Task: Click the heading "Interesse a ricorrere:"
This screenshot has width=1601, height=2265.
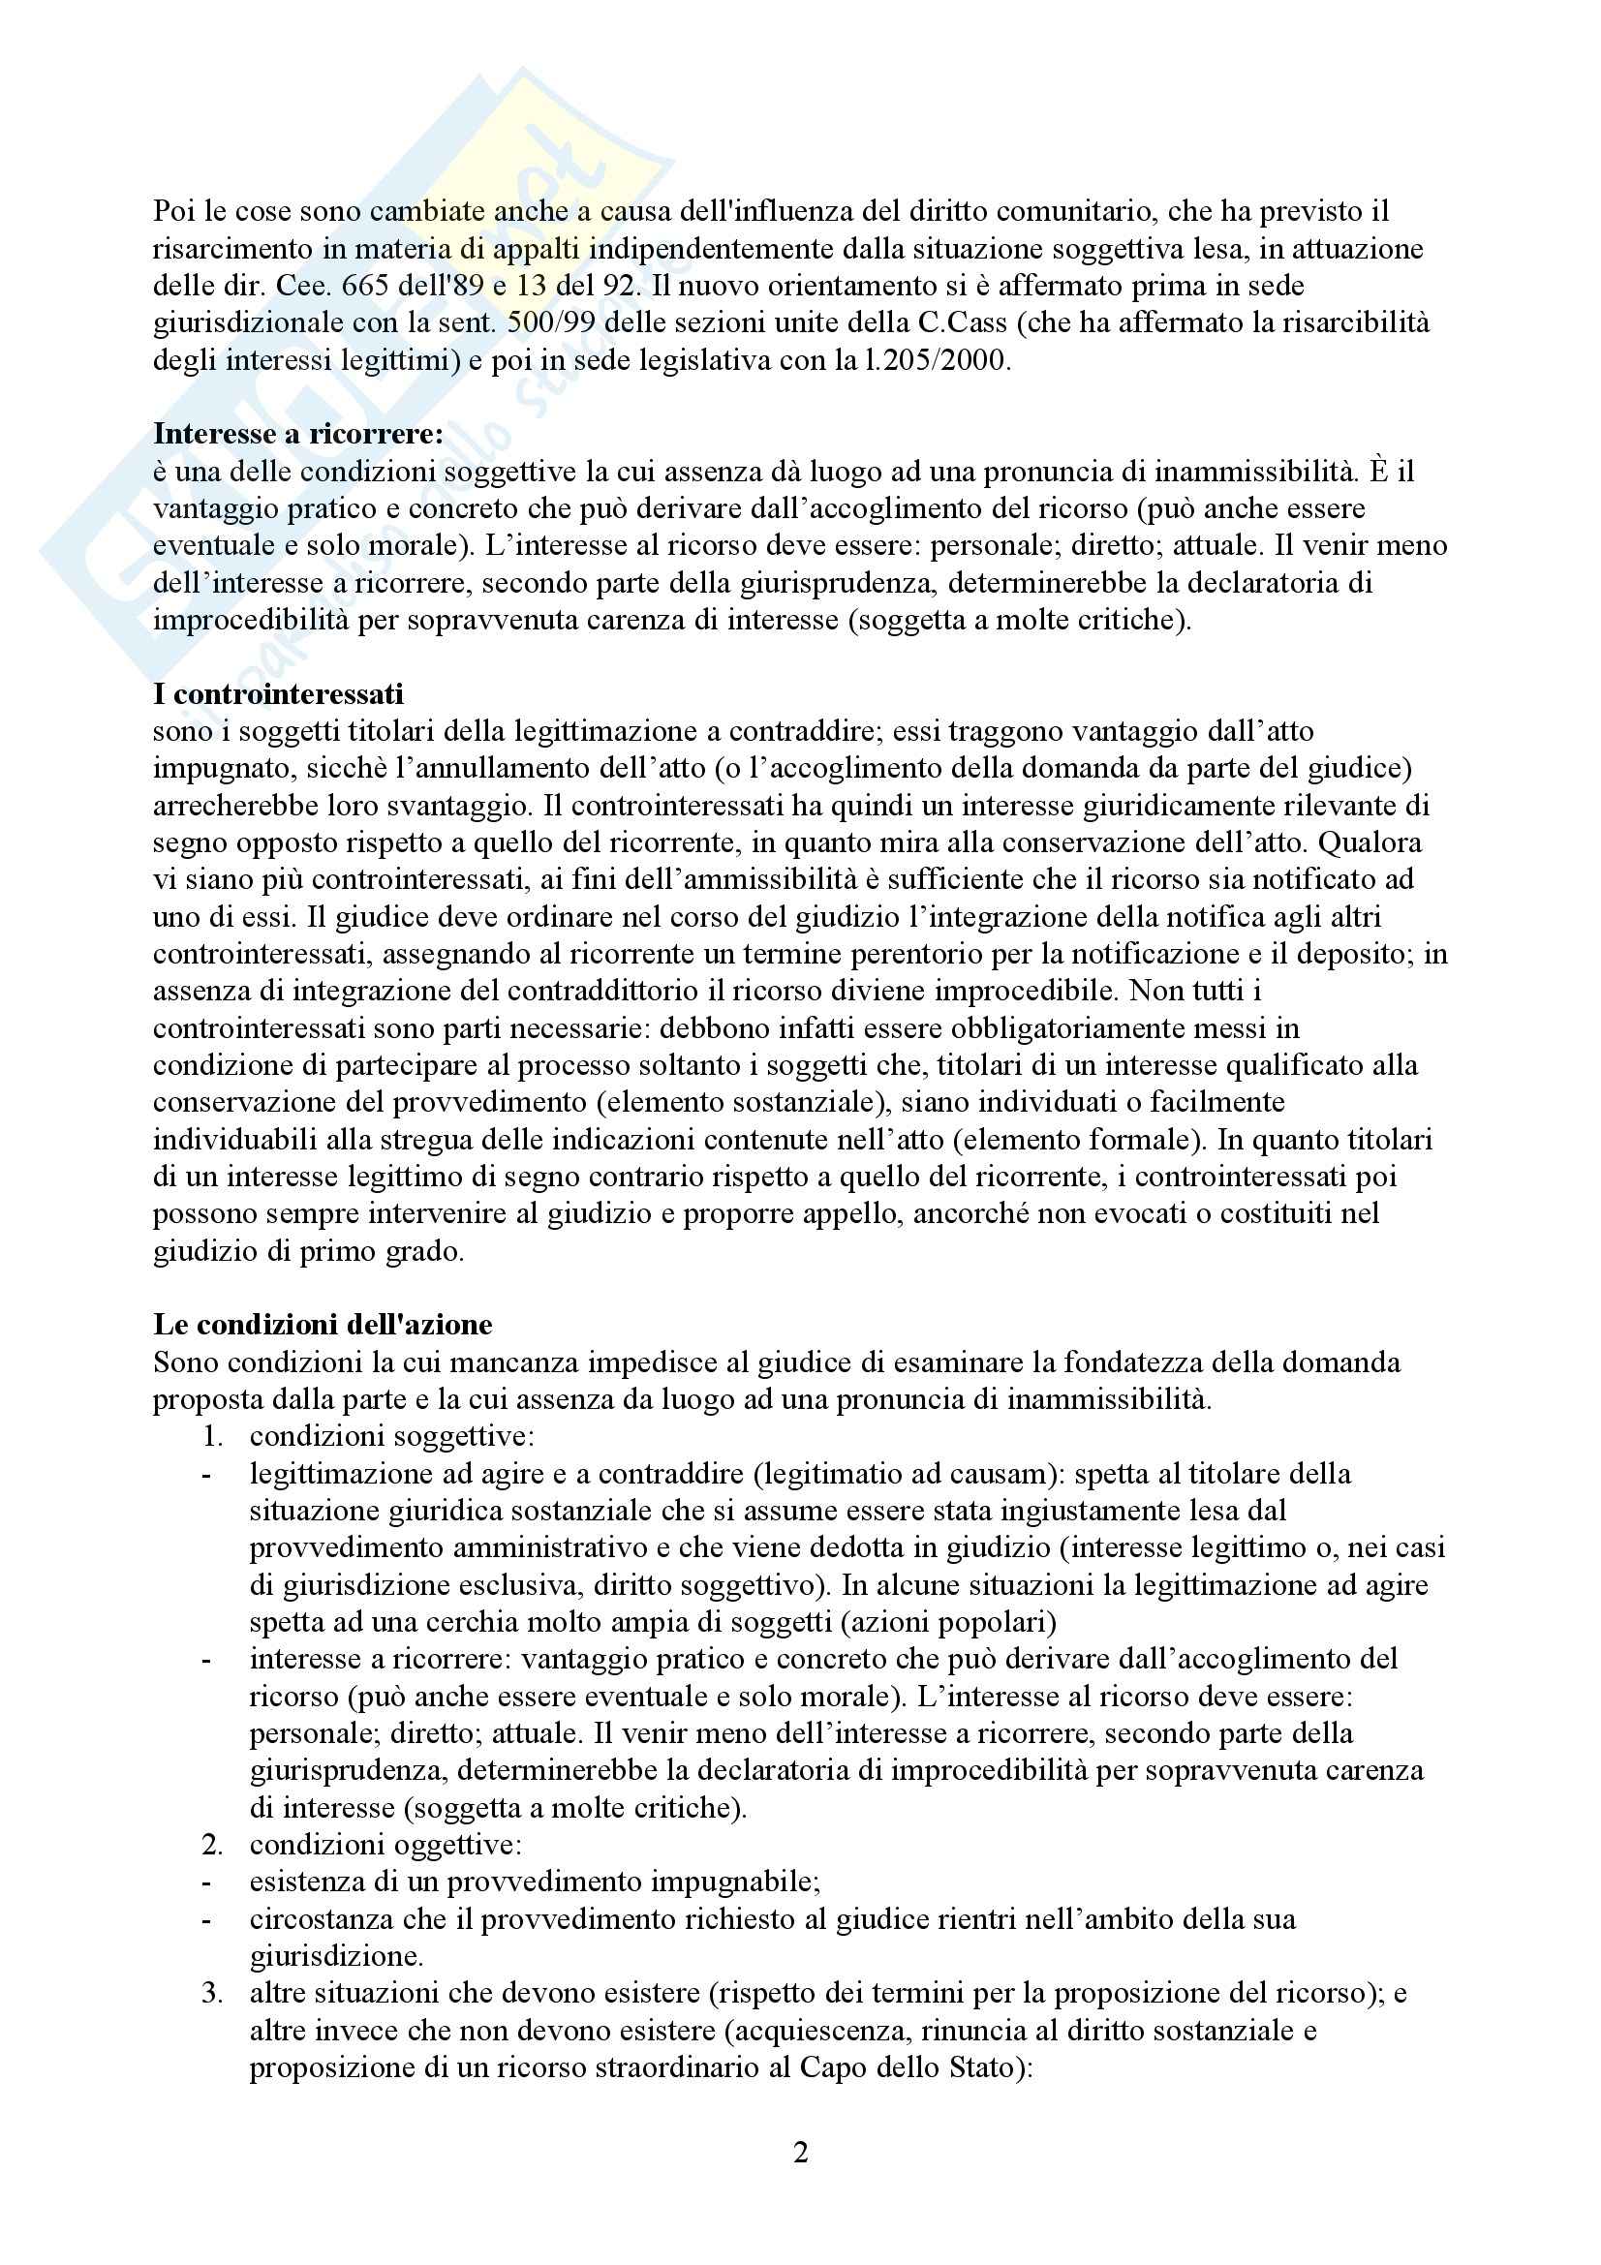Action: point(298,434)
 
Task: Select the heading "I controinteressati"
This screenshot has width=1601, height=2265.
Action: point(278,694)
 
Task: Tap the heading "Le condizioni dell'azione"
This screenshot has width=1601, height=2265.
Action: point(323,1324)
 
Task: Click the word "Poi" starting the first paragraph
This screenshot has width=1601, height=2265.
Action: point(173,212)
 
